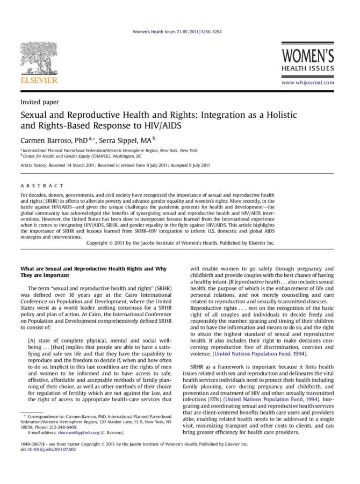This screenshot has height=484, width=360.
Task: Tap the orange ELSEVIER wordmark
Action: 39,81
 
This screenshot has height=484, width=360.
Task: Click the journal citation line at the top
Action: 177,32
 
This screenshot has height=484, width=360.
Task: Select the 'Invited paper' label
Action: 39,102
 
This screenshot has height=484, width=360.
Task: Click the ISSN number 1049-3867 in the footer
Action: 32,444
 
